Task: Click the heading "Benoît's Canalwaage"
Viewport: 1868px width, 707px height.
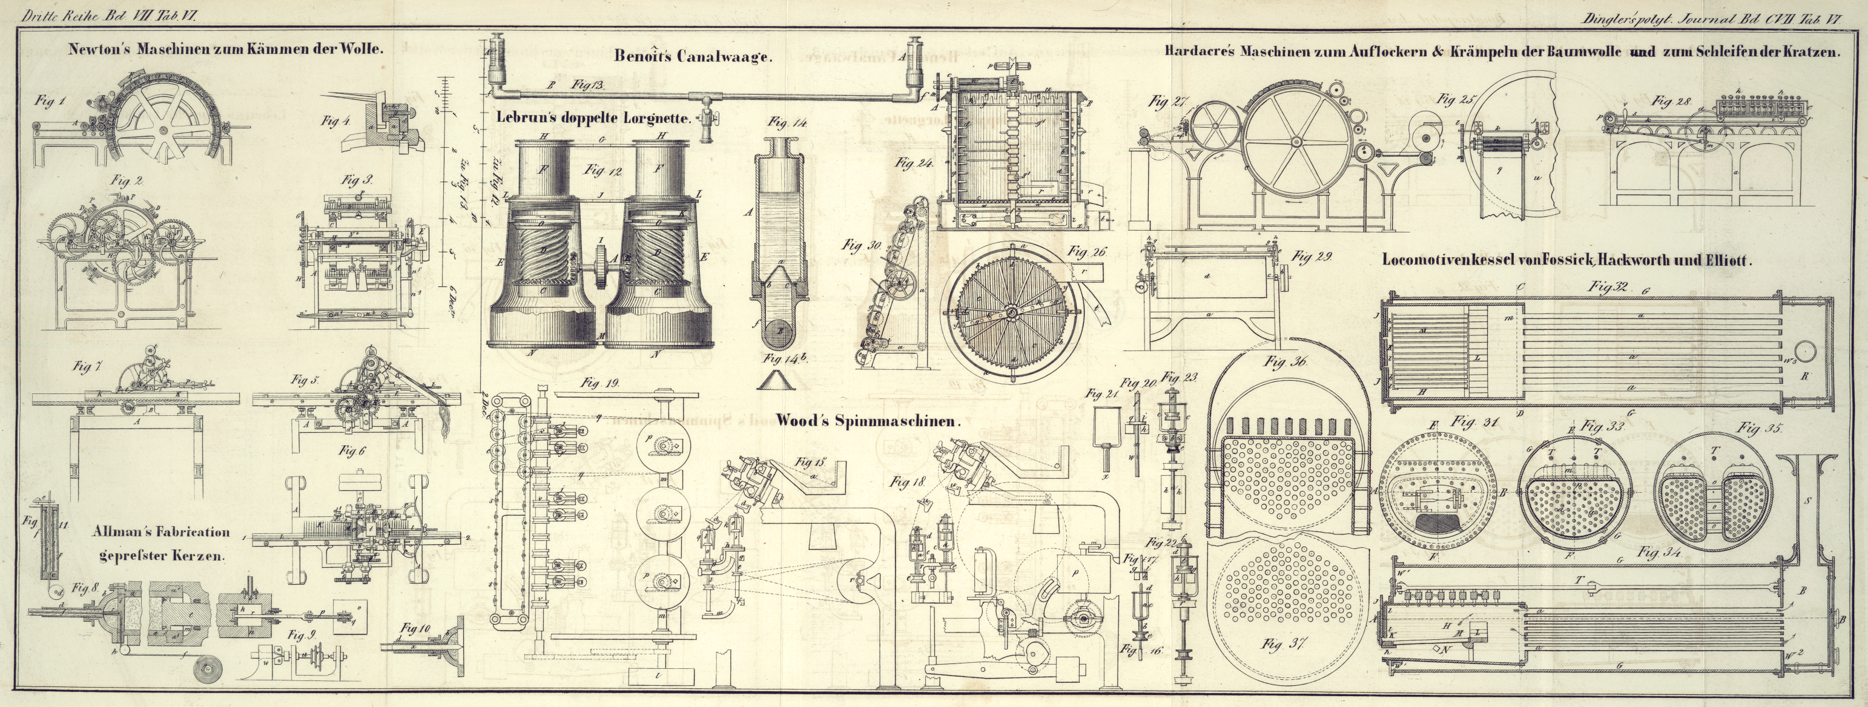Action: coord(691,56)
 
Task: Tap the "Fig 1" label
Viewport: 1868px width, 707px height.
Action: coord(49,102)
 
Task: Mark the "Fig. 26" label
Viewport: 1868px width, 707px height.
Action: coord(1087,252)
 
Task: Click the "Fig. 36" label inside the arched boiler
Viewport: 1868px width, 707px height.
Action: coord(1285,362)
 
